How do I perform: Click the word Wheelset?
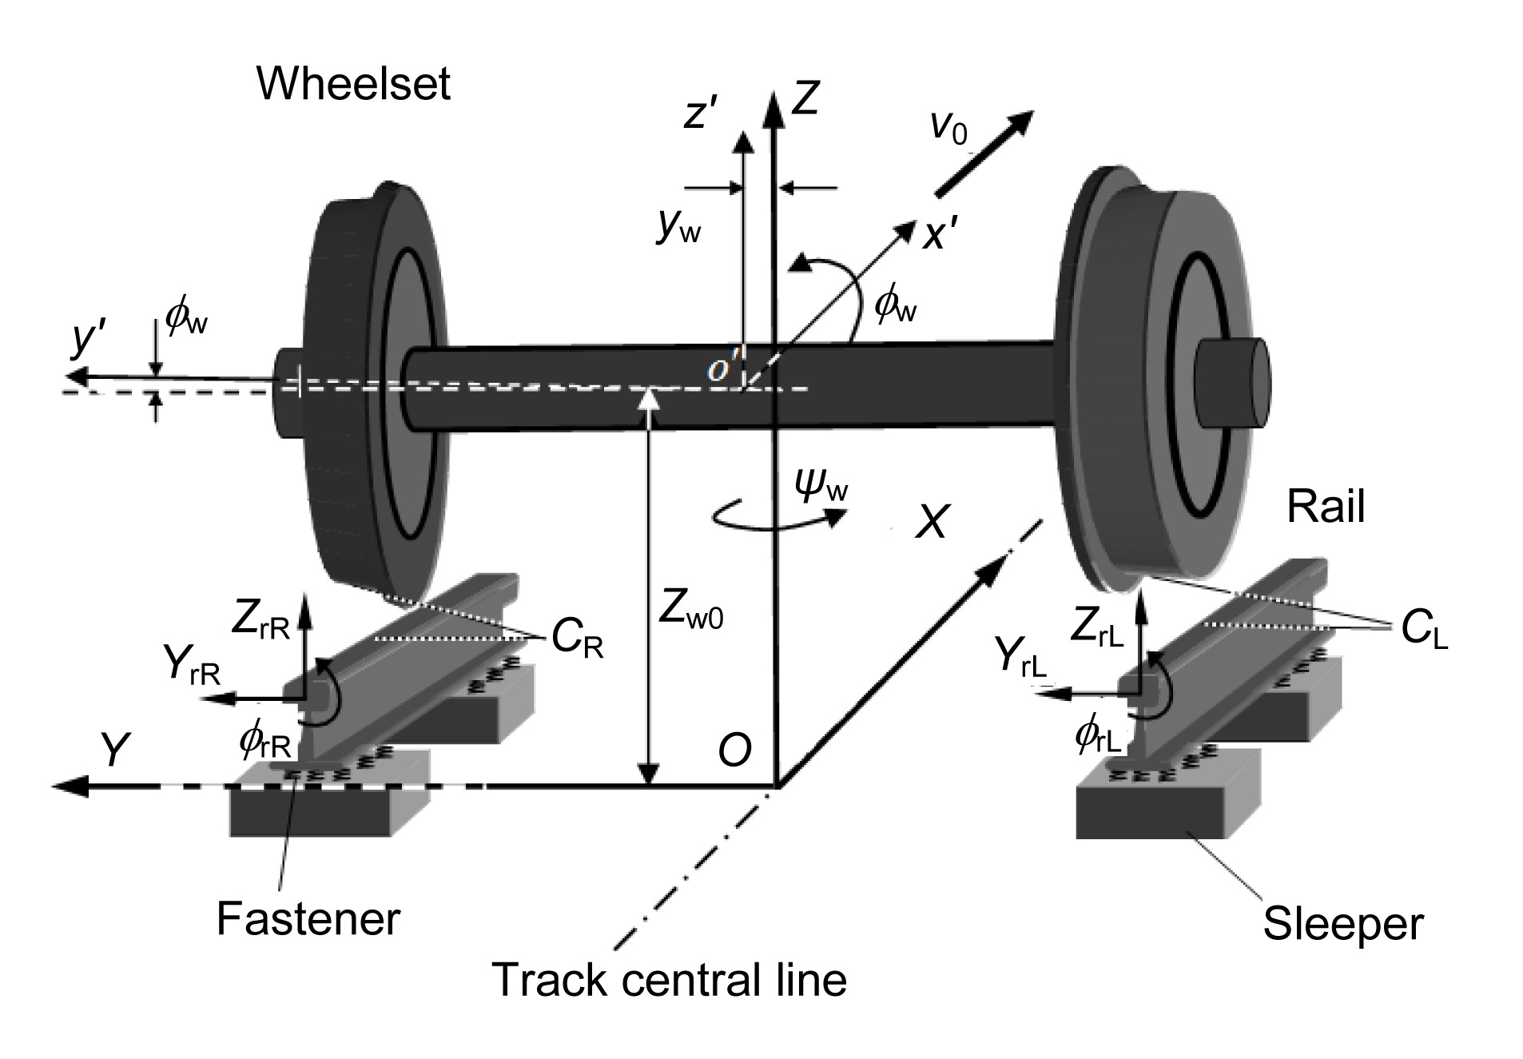[x=353, y=84]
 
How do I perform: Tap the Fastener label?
[x=308, y=918]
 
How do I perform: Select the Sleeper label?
[x=1342, y=924]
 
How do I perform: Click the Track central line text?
[x=669, y=979]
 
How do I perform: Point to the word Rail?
[x=1326, y=507]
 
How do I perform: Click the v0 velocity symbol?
[x=948, y=127]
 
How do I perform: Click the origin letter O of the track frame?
[x=734, y=750]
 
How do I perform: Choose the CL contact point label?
[x=1425, y=631]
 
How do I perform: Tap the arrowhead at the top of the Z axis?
[x=773, y=104]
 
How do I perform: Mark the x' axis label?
[x=940, y=236]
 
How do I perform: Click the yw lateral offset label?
[x=678, y=227]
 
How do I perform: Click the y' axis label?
[x=85, y=339]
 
